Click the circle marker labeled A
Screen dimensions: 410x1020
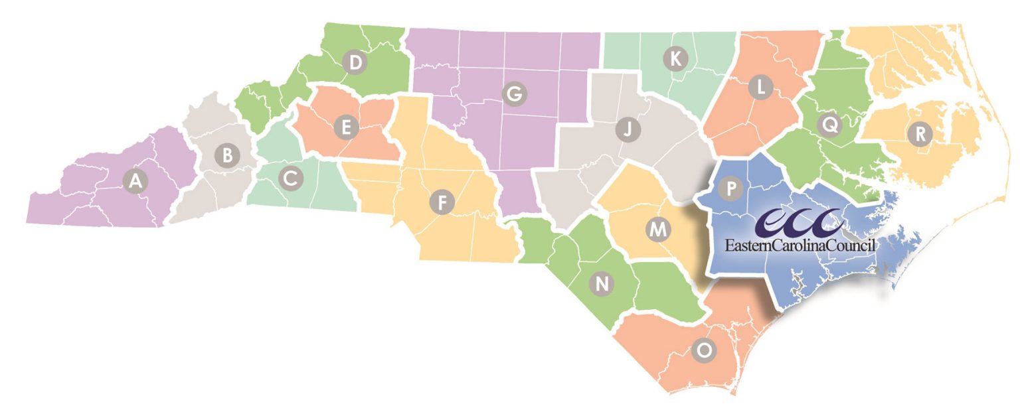[x=135, y=180]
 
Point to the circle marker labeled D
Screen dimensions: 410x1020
[x=355, y=63]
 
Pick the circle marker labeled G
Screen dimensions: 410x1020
[x=512, y=94]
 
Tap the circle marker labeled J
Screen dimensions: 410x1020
[x=626, y=129]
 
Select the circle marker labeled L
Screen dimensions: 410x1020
[x=761, y=87]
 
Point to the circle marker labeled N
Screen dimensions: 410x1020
[x=602, y=284]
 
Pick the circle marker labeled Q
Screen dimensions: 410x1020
[x=827, y=123]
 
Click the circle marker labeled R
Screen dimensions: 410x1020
[x=920, y=135]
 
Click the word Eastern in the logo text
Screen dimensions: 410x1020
[x=748, y=245]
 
